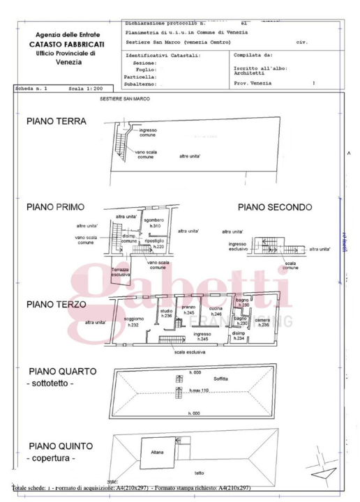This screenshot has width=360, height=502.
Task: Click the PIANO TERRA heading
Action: pyautogui.click(x=55, y=121)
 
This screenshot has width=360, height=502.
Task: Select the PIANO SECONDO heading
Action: pyautogui.click(x=274, y=207)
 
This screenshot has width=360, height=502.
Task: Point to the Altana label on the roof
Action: pyautogui.click(x=158, y=452)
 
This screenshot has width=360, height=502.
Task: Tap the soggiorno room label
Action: pyautogui.click(x=134, y=321)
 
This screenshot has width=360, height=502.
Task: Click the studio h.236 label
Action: pyautogui.click(x=167, y=313)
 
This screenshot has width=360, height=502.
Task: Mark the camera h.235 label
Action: pyautogui.click(x=263, y=322)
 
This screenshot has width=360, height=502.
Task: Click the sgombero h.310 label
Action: pyautogui.click(x=153, y=223)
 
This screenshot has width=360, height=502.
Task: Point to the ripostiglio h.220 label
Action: pyautogui.click(x=155, y=243)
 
